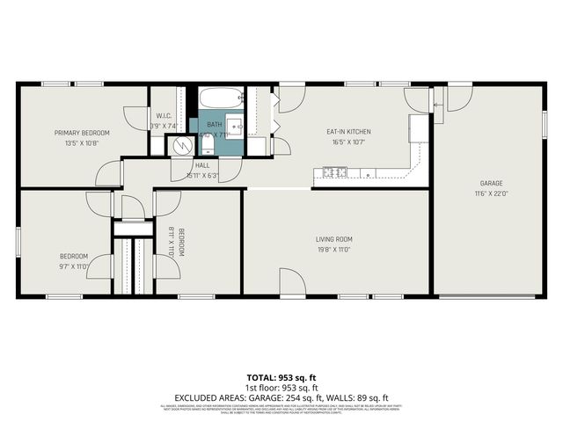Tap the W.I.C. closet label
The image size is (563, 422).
[x=163, y=115]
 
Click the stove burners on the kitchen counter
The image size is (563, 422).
[x=333, y=171]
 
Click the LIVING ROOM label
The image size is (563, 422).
[x=334, y=238]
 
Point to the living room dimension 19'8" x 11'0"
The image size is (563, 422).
[x=334, y=249]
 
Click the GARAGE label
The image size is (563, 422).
[x=491, y=183]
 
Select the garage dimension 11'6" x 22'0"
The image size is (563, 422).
[x=491, y=193]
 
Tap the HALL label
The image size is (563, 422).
[x=202, y=164]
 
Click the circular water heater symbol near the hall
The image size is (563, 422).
[x=182, y=146]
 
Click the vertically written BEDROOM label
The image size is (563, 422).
[x=181, y=242]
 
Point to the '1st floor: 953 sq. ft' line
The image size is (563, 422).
[x=281, y=386]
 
